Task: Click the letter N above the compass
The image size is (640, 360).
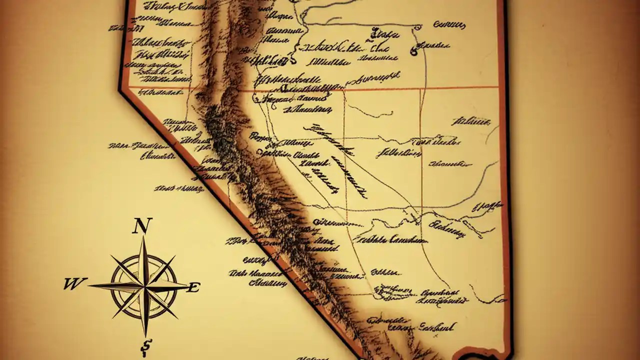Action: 142,226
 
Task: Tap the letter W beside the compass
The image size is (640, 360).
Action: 75,284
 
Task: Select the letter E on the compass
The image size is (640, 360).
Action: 193,287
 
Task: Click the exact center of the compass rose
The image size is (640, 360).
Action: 144,287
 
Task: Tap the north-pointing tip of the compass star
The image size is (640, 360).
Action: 144,238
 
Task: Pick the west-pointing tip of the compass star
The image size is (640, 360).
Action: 89,286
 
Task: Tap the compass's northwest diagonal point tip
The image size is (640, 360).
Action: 111,256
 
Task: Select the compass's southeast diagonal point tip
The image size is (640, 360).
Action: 177,318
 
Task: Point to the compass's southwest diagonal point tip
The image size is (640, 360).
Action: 112,317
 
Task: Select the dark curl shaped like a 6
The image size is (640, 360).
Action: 414,50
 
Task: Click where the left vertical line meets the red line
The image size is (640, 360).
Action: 344,90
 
